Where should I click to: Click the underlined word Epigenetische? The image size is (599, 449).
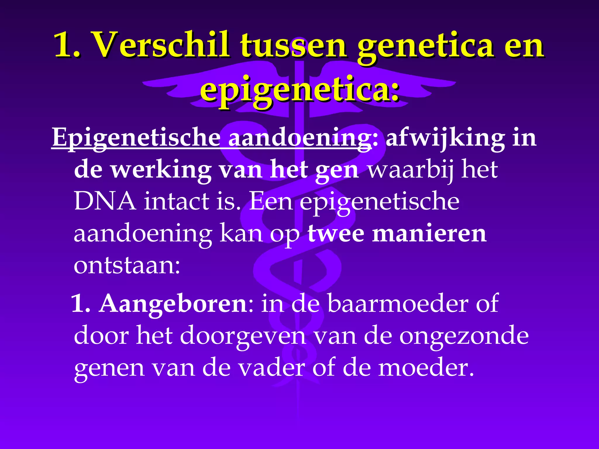point(136,138)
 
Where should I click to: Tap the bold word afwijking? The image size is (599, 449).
point(445,138)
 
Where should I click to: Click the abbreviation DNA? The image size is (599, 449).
point(105,202)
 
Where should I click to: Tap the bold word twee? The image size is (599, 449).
point(336,234)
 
